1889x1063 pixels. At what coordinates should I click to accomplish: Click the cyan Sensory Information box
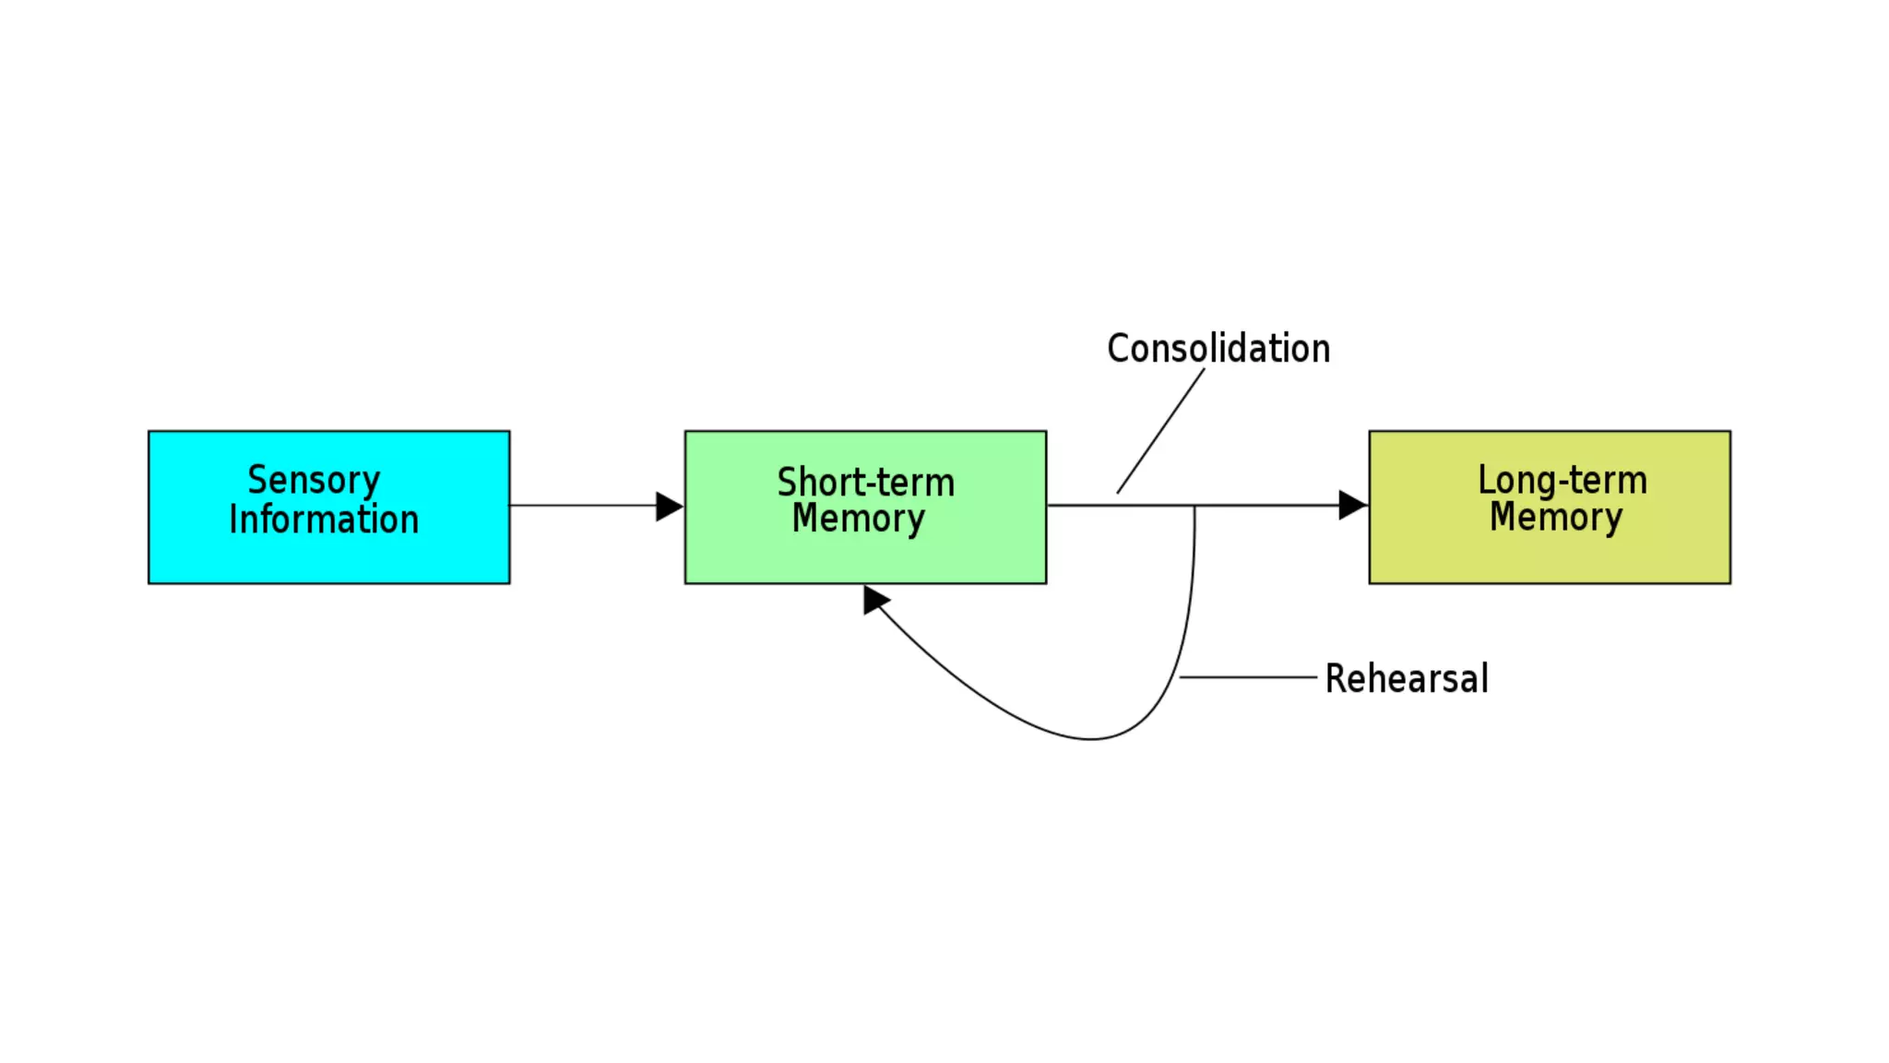(x=328, y=554)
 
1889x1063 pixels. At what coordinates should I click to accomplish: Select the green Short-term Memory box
(x=865, y=558)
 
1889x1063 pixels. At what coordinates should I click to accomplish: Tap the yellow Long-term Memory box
(x=1550, y=558)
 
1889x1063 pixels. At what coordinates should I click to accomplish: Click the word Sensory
(x=314, y=480)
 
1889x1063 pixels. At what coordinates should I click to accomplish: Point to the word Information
(x=324, y=520)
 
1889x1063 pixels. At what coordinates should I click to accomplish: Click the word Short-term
(x=865, y=483)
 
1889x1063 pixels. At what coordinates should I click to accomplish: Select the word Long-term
(x=1562, y=480)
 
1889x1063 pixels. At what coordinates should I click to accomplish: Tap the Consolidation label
(x=1218, y=349)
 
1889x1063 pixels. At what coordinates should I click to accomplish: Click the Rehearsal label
(x=1407, y=678)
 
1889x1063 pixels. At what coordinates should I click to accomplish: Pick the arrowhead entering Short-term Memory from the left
(x=669, y=506)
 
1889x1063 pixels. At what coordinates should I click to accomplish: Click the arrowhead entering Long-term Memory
(x=1351, y=505)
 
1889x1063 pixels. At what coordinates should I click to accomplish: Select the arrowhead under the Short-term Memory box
(x=874, y=600)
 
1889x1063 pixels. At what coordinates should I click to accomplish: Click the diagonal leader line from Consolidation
(x=1160, y=431)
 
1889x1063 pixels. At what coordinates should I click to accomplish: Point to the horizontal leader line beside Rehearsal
(x=1247, y=677)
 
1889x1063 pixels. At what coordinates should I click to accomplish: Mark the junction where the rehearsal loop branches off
(x=1194, y=506)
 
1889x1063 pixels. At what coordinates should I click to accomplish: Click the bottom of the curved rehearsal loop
(x=1090, y=738)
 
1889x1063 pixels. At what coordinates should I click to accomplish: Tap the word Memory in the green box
(x=858, y=519)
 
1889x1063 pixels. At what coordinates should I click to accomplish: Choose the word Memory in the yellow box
(x=1556, y=517)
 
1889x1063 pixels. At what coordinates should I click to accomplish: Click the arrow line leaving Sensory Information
(x=581, y=506)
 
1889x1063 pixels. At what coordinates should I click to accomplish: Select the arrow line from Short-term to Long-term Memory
(x=1273, y=506)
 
